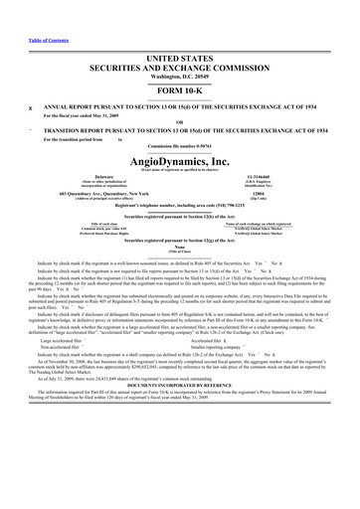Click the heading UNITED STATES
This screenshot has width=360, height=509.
pyautogui.click(x=180, y=32)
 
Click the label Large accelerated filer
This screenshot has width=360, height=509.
pyautogui.click(x=60, y=394)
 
